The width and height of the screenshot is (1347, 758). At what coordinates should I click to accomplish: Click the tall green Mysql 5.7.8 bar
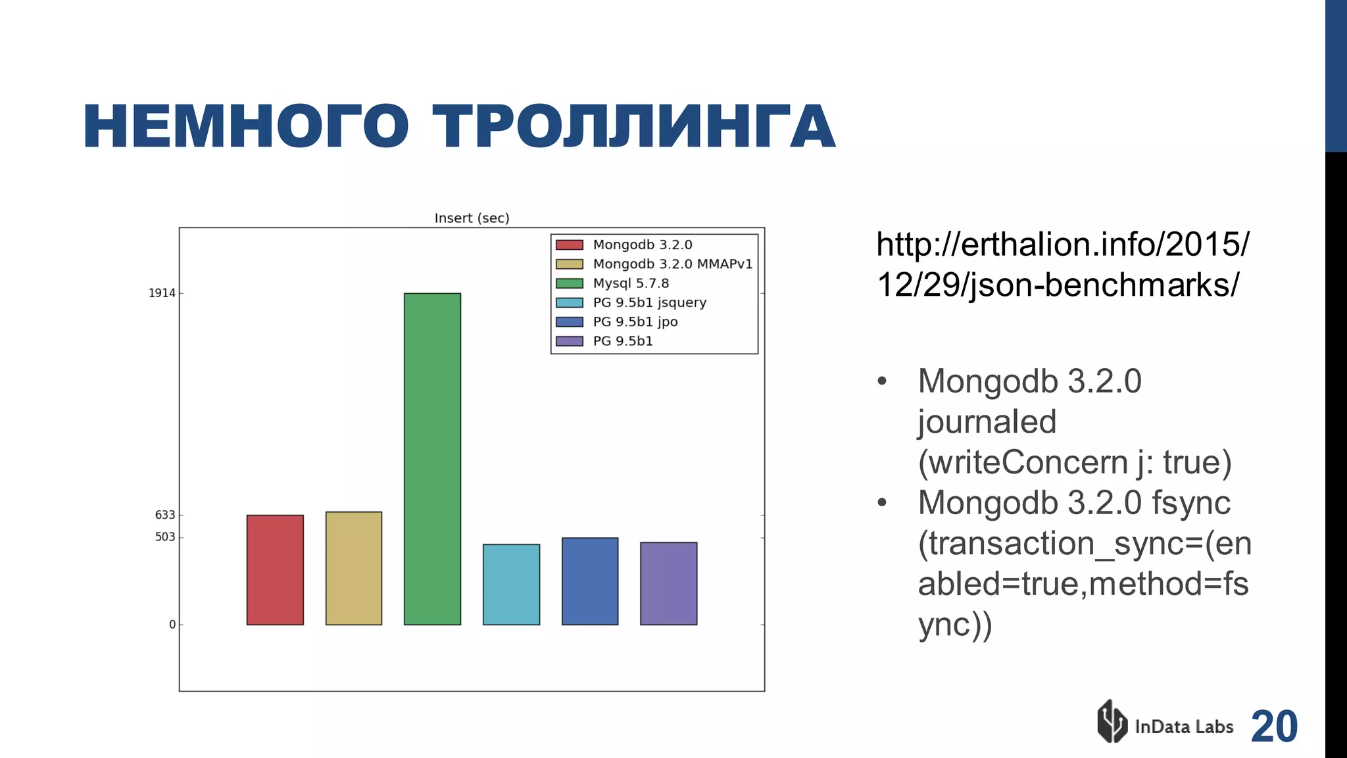pos(432,458)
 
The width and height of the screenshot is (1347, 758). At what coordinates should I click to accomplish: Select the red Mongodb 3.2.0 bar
pos(275,569)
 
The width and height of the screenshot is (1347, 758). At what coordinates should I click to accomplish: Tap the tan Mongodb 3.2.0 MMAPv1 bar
pos(354,568)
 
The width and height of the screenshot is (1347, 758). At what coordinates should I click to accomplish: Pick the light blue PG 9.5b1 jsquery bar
pos(511,584)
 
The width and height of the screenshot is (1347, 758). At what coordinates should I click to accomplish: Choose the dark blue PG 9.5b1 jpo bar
pos(590,580)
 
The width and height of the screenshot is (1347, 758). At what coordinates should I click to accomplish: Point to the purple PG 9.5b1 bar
pos(668,583)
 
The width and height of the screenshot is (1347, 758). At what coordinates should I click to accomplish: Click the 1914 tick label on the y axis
pos(162,293)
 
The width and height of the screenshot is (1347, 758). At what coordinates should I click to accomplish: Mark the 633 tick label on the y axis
pos(165,515)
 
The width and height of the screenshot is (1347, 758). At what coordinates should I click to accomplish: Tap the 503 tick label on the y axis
pos(165,537)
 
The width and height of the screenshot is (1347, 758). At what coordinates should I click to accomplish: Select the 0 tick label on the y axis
pos(172,625)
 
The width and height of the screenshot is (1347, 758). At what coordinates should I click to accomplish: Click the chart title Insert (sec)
pos(472,218)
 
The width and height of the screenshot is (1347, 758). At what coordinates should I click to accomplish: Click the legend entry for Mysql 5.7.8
pos(630,283)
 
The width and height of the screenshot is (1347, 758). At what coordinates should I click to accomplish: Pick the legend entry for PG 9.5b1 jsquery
pos(649,302)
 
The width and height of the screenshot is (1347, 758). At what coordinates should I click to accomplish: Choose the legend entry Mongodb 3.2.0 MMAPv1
pos(672,264)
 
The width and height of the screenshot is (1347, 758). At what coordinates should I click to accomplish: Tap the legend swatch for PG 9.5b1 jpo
pos(570,322)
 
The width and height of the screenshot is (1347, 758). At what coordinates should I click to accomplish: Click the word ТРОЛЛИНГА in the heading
pos(633,127)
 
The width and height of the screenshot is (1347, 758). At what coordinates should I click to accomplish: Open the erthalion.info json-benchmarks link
pos(1062,265)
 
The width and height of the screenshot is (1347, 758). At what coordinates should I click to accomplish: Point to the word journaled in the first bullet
pos(987,421)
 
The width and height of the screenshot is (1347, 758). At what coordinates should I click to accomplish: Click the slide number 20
pos(1274,726)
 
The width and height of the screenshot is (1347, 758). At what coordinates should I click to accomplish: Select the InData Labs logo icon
pos(1112,722)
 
